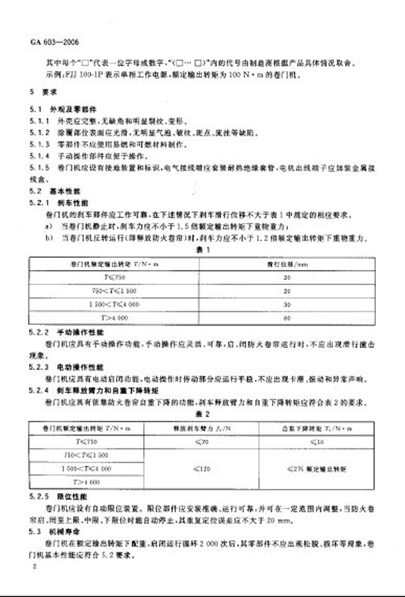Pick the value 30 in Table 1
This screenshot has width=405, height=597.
tap(288, 305)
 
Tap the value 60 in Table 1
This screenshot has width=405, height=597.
tap(288, 317)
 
